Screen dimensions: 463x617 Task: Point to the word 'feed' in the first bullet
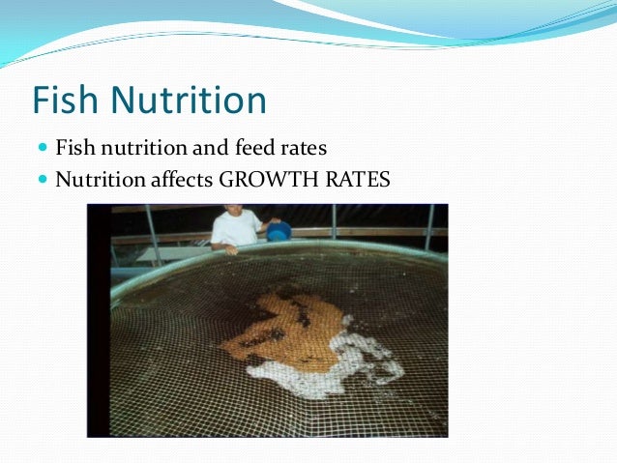click(x=255, y=150)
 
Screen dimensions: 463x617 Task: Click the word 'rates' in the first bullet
click(x=306, y=150)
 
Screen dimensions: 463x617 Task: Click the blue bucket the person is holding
click(x=279, y=232)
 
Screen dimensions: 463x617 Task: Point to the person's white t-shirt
click(x=233, y=229)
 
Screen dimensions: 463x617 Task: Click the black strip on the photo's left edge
click(x=98, y=319)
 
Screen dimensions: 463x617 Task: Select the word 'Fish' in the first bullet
click(x=72, y=150)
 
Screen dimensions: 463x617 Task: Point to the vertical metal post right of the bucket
click(x=334, y=222)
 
